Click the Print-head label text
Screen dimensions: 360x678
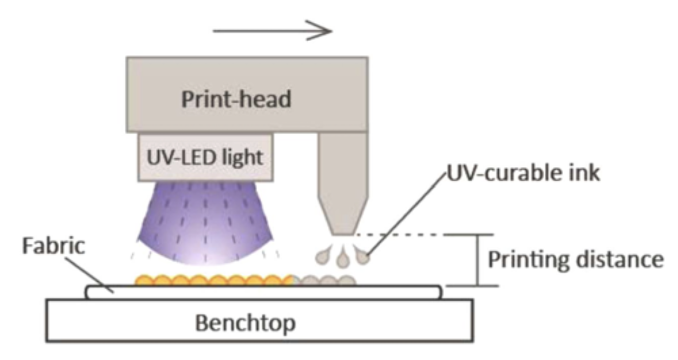pos(236,99)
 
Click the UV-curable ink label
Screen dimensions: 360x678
pos(521,174)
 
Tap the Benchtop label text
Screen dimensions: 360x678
pos(245,323)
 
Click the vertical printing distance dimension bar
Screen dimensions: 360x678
pos(478,260)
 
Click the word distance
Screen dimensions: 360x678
pos(619,260)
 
